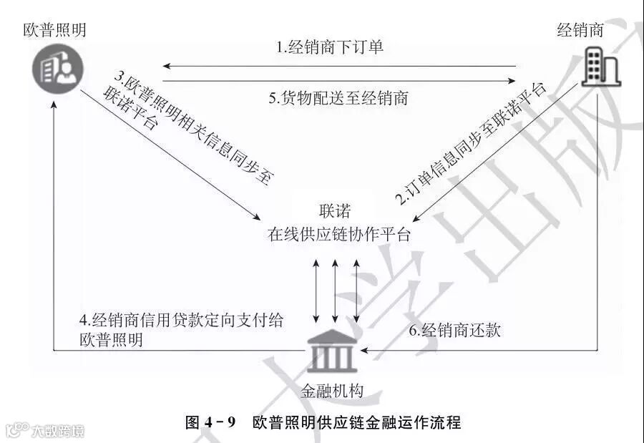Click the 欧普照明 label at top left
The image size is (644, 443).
click(x=54, y=30)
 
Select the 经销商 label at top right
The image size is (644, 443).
click(x=580, y=30)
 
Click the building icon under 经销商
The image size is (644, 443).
click(x=600, y=67)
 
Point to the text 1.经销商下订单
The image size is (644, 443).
click(x=331, y=48)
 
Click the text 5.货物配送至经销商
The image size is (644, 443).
click(x=338, y=98)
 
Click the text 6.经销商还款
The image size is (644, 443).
click(x=454, y=330)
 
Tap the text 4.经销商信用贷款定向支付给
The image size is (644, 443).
click(x=182, y=320)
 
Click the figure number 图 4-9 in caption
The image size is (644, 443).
click(x=210, y=422)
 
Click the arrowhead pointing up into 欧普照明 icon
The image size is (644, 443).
click(x=55, y=104)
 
